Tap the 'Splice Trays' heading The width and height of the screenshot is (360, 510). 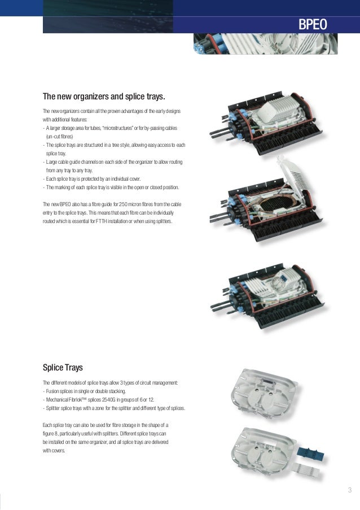coord(63,368)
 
